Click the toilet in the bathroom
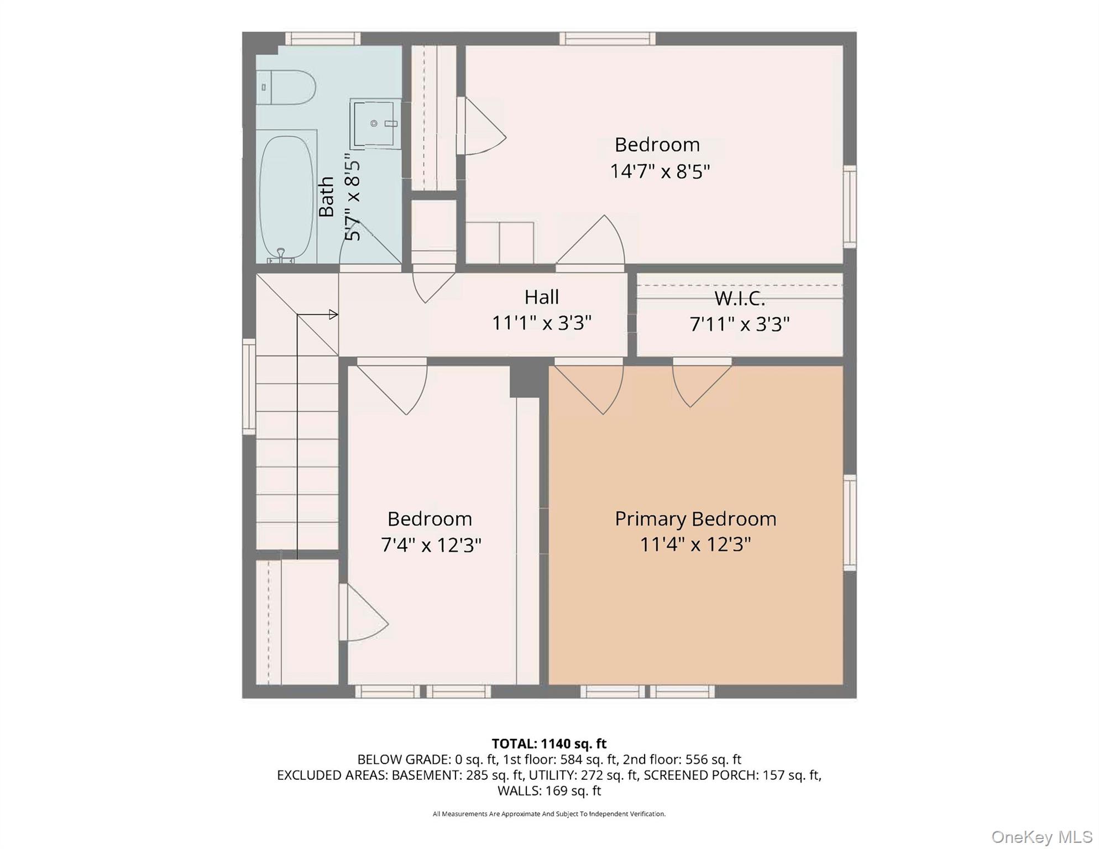[x=286, y=87]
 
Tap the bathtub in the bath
[x=286, y=198]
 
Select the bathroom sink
[x=376, y=124]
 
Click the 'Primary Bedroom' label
[x=695, y=519]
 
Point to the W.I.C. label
[x=740, y=298]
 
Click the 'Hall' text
[x=542, y=297]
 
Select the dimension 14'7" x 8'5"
[x=660, y=171]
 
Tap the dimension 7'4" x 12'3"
[x=431, y=546]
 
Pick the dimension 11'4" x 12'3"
[x=695, y=544]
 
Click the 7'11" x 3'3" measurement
[x=740, y=324]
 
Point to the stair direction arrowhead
[x=333, y=315]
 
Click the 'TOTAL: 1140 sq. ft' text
[x=549, y=743]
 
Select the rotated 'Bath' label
[x=326, y=197]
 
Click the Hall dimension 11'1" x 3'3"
[x=542, y=323]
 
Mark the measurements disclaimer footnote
[x=549, y=814]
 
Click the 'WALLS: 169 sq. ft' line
[x=549, y=790]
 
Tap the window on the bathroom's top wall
[x=323, y=38]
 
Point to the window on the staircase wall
[x=249, y=386]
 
